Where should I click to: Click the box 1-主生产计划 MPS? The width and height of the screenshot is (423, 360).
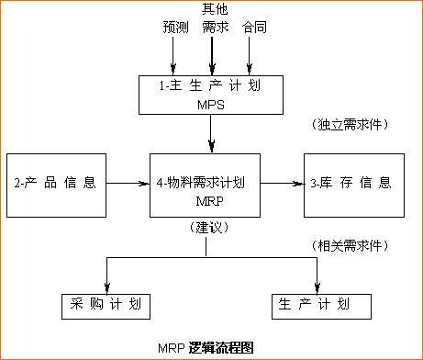coord(211,95)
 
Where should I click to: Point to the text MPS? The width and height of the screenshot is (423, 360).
coord(210,105)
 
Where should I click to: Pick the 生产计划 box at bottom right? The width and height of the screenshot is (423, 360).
coord(322,304)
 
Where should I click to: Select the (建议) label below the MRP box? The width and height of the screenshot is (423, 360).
coord(209,227)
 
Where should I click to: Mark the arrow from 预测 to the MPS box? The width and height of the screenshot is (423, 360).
coord(173,63)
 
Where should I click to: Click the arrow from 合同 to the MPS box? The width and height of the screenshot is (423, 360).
coord(250,63)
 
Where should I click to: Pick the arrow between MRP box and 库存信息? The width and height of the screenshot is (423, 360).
coord(287,184)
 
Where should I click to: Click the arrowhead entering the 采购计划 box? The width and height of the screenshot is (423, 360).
coord(108,287)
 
